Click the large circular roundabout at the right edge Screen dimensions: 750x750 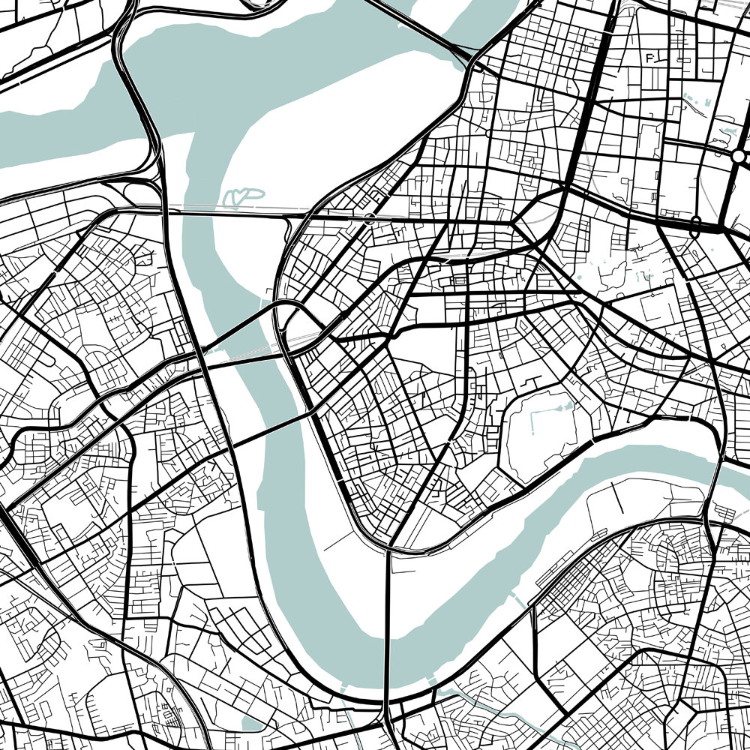coord(739,156)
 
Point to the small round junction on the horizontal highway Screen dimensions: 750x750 coord(369,217)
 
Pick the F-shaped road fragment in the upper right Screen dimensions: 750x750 coord(650,58)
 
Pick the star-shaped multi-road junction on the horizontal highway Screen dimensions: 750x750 coord(516,223)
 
